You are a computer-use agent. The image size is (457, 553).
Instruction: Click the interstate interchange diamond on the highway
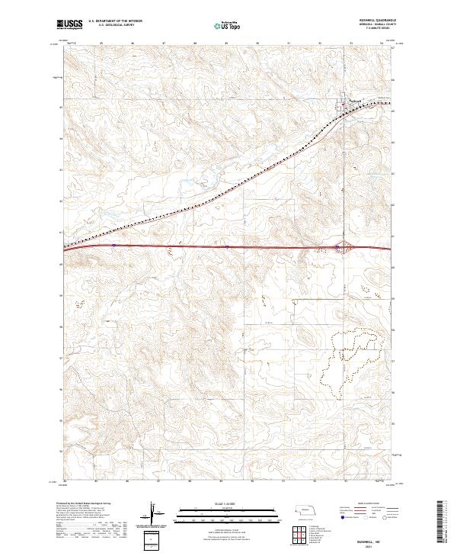[344, 246]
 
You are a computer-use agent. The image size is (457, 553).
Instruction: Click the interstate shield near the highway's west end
[113, 245]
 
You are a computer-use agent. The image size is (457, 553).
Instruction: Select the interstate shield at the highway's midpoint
[227, 246]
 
